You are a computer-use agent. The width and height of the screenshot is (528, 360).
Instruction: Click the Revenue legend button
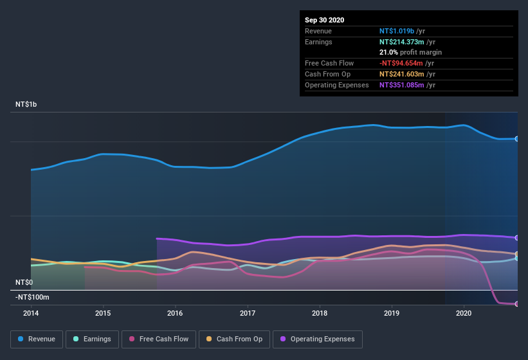(x=37, y=339)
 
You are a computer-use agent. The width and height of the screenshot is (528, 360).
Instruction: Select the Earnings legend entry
(x=92, y=339)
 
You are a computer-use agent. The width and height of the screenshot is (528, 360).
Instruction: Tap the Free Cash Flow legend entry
(x=158, y=339)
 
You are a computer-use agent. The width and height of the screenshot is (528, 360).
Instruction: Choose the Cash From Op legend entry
(x=234, y=339)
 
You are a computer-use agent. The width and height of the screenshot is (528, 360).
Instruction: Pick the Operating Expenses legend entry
(x=317, y=339)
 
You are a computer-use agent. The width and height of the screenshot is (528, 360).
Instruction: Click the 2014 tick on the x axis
(x=31, y=313)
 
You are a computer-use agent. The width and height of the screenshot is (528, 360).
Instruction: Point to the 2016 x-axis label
(x=175, y=313)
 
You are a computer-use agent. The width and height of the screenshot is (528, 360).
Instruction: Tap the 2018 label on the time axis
(x=320, y=313)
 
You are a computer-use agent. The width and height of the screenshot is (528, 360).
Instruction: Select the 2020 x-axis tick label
(x=464, y=313)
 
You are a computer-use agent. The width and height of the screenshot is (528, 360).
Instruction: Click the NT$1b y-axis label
(x=28, y=104)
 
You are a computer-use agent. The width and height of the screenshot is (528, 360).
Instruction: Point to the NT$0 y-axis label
(x=24, y=282)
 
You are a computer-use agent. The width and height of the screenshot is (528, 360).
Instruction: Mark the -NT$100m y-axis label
(x=32, y=297)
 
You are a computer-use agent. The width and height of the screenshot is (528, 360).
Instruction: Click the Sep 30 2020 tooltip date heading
(x=324, y=20)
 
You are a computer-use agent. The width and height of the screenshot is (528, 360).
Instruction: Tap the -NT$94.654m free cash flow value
(x=401, y=63)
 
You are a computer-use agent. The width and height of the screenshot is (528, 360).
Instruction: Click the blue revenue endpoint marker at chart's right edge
(x=517, y=139)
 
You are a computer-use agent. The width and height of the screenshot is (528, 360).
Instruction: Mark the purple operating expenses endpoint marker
(x=517, y=238)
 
